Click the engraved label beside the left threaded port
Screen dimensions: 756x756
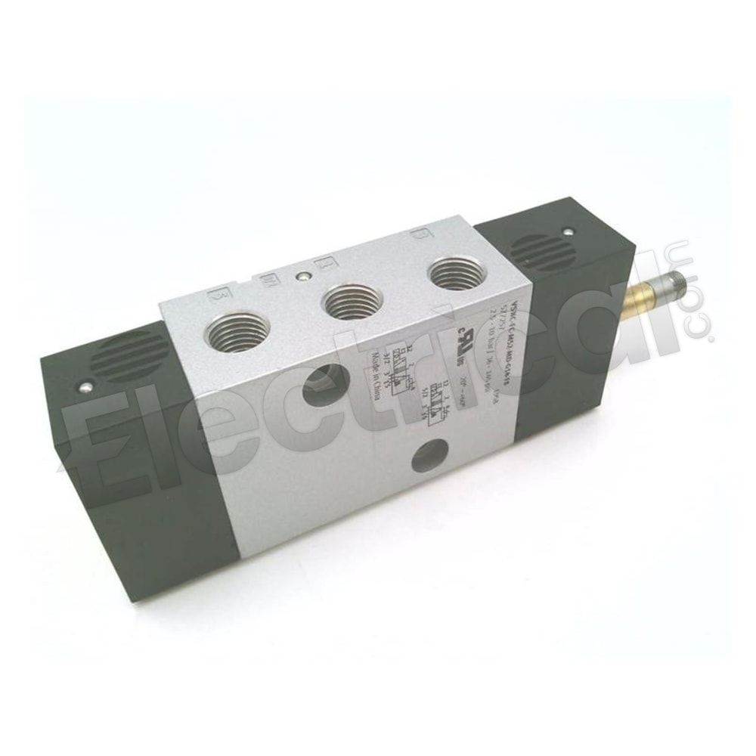click(218, 294)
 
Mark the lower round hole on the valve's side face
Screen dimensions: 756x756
click(425, 456)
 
